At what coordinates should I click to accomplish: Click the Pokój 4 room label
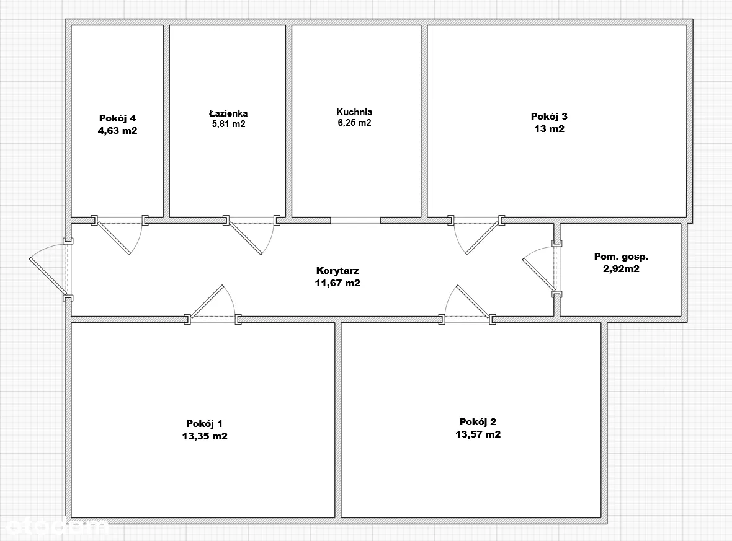117,118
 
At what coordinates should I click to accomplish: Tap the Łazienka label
228,113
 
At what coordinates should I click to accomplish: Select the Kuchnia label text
354,112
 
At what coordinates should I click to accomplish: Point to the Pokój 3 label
549,116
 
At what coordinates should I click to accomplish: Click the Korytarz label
337,270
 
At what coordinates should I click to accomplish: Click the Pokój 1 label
204,423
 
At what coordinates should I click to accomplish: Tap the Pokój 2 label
478,421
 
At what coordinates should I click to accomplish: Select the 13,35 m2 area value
204,436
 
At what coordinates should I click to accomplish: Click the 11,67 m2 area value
337,283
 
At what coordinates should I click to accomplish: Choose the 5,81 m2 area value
228,124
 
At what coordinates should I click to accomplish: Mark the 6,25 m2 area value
354,123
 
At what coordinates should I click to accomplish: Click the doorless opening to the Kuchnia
355,220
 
